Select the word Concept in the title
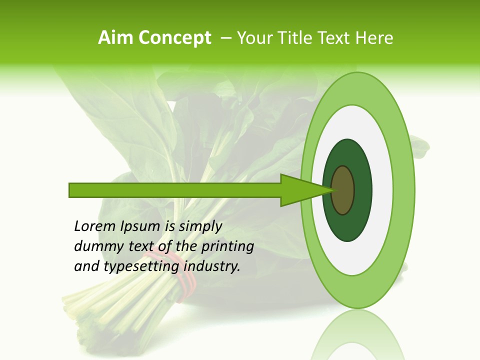point(174,38)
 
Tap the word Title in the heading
point(295,38)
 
